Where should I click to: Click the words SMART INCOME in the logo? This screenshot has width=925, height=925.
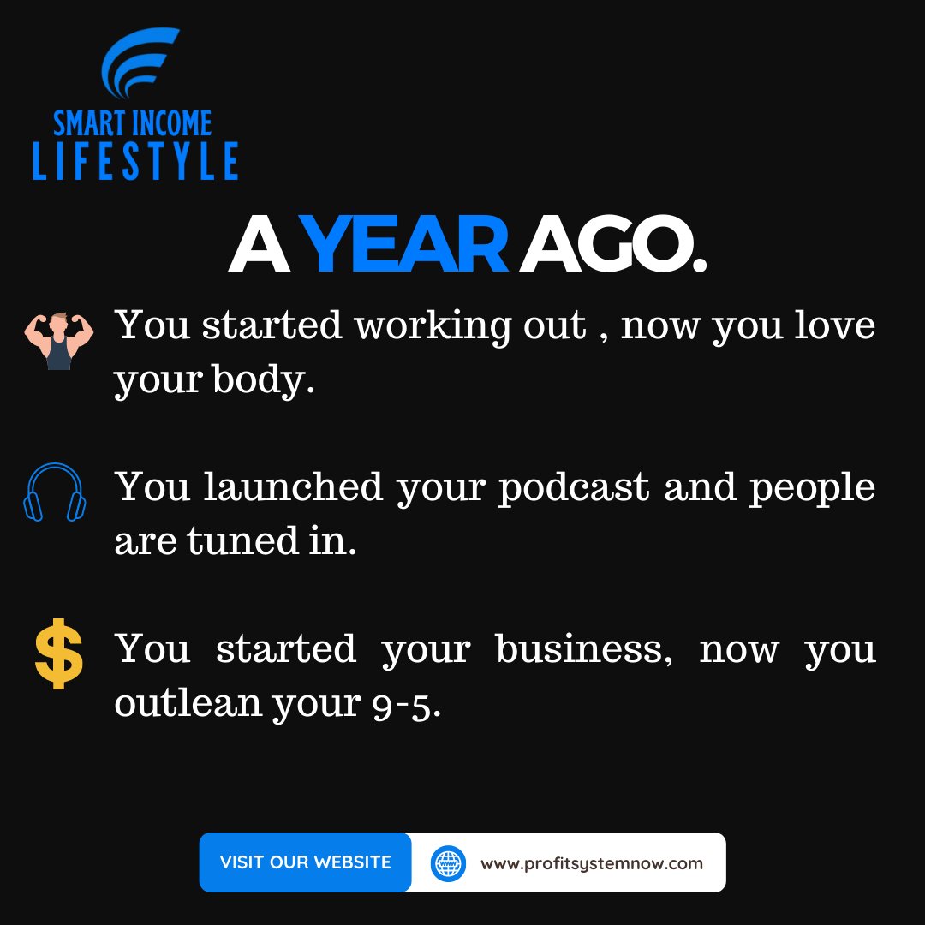[x=133, y=123]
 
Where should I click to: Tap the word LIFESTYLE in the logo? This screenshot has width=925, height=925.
[x=135, y=162]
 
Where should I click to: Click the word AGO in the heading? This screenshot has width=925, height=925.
[x=613, y=245]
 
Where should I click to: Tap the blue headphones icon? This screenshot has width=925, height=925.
[x=55, y=492]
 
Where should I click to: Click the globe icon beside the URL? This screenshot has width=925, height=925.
[x=448, y=862]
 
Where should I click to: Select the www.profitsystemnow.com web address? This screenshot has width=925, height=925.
[x=592, y=863]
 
